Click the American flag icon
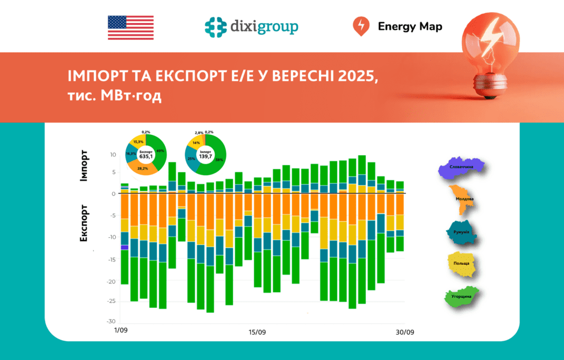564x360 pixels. click(131, 27)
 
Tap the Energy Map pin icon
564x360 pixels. click(360, 26)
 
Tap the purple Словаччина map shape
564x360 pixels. click(462, 167)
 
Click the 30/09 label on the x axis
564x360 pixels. click(405, 332)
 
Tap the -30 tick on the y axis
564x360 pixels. click(112, 321)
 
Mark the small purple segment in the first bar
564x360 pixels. click(124, 247)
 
